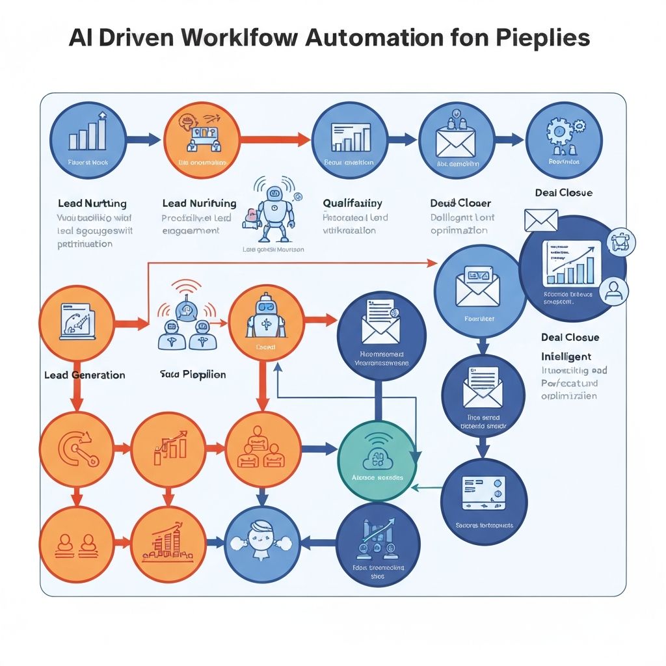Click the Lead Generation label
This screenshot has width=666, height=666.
point(85,375)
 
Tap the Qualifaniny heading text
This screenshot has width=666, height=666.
point(353,203)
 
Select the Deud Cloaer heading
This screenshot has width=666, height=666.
point(460,203)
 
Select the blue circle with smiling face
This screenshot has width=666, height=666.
point(263,542)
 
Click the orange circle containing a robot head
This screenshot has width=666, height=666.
point(266,322)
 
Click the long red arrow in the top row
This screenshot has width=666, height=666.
point(274,139)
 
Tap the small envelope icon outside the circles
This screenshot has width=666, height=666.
point(541,220)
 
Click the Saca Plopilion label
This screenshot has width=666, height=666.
point(193,375)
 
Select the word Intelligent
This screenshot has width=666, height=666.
point(566,356)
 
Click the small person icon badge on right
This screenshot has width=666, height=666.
point(614,289)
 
